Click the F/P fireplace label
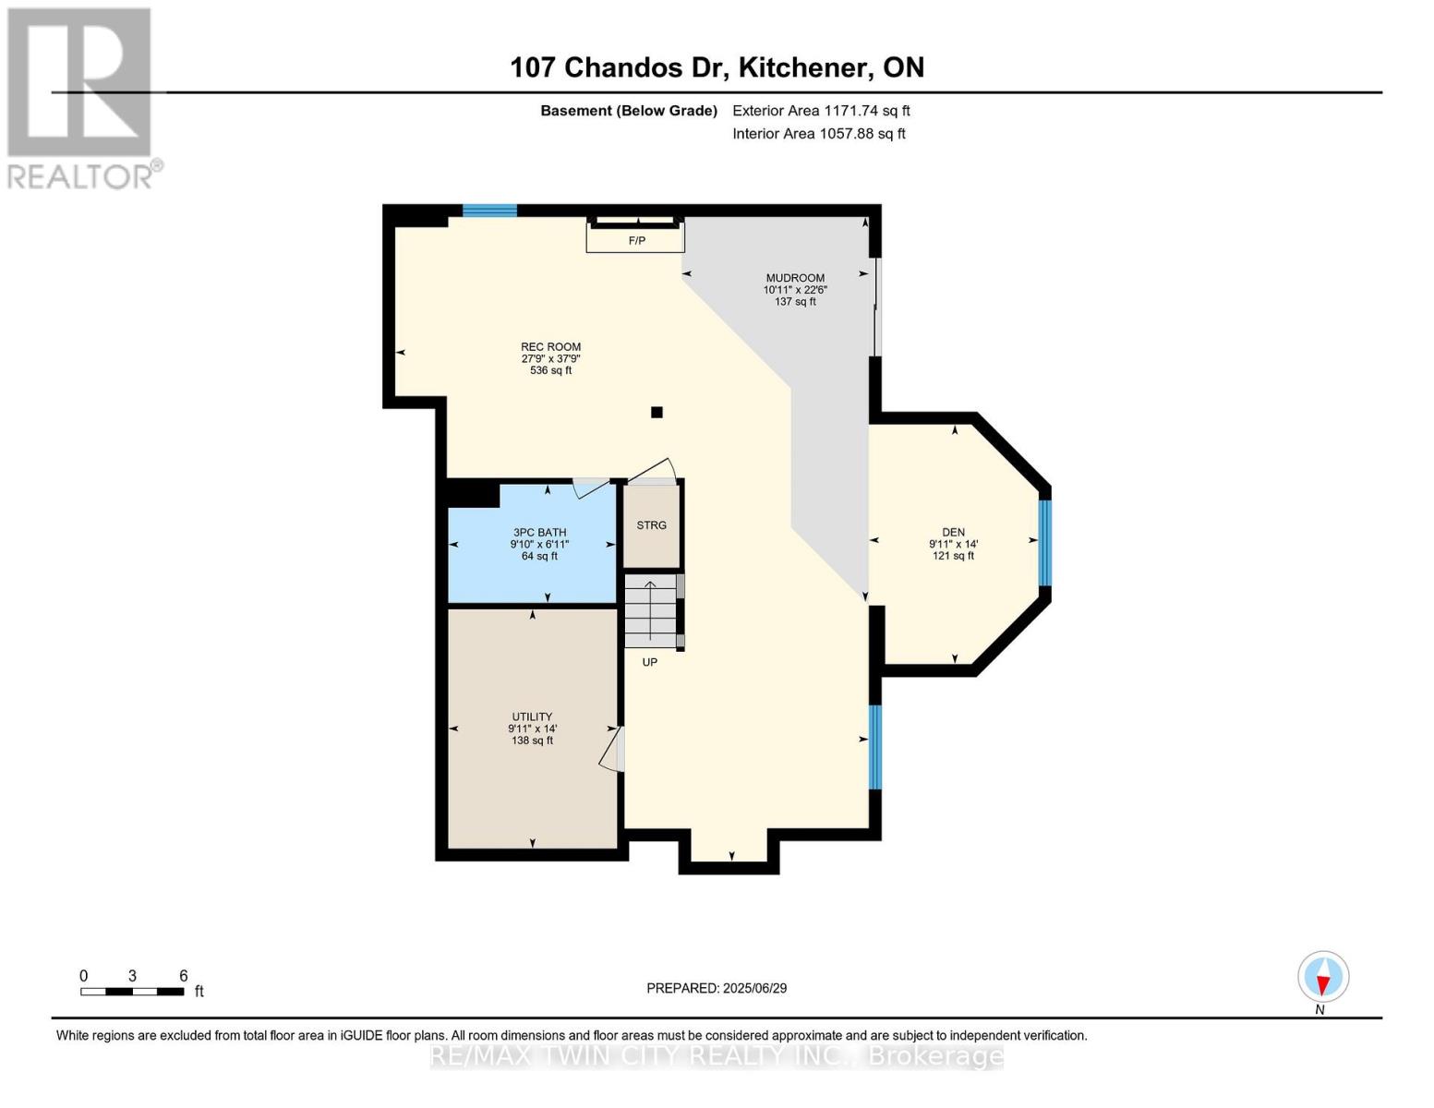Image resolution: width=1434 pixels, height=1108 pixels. click(636, 241)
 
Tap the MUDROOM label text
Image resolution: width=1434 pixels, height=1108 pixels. click(794, 278)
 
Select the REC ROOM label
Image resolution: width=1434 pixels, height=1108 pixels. click(550, 347)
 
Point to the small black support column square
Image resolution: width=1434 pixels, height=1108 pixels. click(657, 413)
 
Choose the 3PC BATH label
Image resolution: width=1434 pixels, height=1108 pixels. click(540, 533)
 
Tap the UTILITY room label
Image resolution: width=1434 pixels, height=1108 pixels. click(532, 717)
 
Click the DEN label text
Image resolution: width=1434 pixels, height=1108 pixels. click(953, 532)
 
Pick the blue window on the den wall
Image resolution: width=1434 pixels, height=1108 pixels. click(1044, 543)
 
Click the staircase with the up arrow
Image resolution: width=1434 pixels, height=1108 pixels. click(651, 610)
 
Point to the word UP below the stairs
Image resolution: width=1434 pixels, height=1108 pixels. click(650, 662)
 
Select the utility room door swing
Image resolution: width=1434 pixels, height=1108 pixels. click(612, 748)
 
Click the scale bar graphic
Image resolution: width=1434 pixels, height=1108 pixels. click(132, 992)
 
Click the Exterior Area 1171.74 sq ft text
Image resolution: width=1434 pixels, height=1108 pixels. click(821, 111)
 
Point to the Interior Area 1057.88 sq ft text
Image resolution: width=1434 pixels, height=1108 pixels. click(818, 134)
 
